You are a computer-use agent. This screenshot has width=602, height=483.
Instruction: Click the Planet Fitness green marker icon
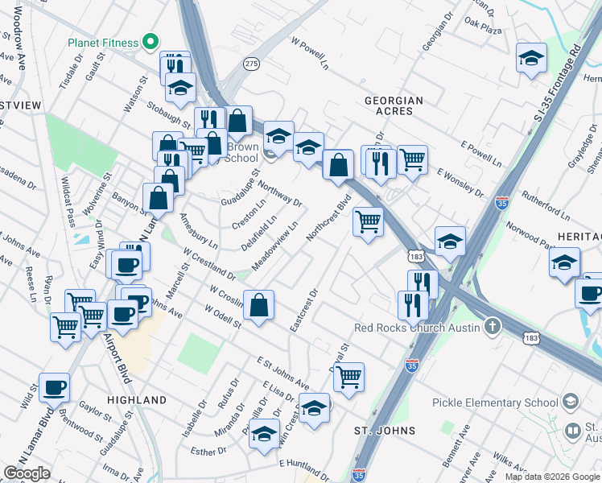148,42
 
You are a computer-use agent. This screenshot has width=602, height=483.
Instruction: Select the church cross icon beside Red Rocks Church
493,328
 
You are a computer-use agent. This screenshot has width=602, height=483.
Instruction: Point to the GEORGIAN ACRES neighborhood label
394,101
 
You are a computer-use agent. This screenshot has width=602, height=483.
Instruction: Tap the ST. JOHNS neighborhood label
386,431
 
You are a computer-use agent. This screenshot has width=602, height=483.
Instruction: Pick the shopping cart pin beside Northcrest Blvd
368,220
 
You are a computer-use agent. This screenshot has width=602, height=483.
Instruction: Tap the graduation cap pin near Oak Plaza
531,58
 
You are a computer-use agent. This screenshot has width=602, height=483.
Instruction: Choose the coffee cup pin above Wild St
54,387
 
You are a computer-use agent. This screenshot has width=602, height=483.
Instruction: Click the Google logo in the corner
27,473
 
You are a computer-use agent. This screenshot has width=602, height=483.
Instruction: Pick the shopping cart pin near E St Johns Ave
348,376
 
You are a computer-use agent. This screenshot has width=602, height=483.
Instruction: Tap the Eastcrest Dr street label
305,311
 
